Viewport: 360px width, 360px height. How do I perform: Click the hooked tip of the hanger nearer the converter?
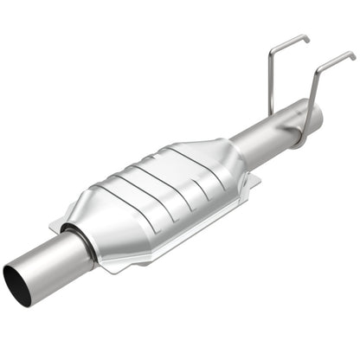[x=306, y=38]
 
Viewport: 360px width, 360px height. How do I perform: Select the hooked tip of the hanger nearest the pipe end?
[x=352, y=55]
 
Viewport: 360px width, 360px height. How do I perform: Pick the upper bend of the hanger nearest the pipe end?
[x=318, y=67]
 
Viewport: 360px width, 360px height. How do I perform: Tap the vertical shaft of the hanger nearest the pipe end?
[x=310, y=95]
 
